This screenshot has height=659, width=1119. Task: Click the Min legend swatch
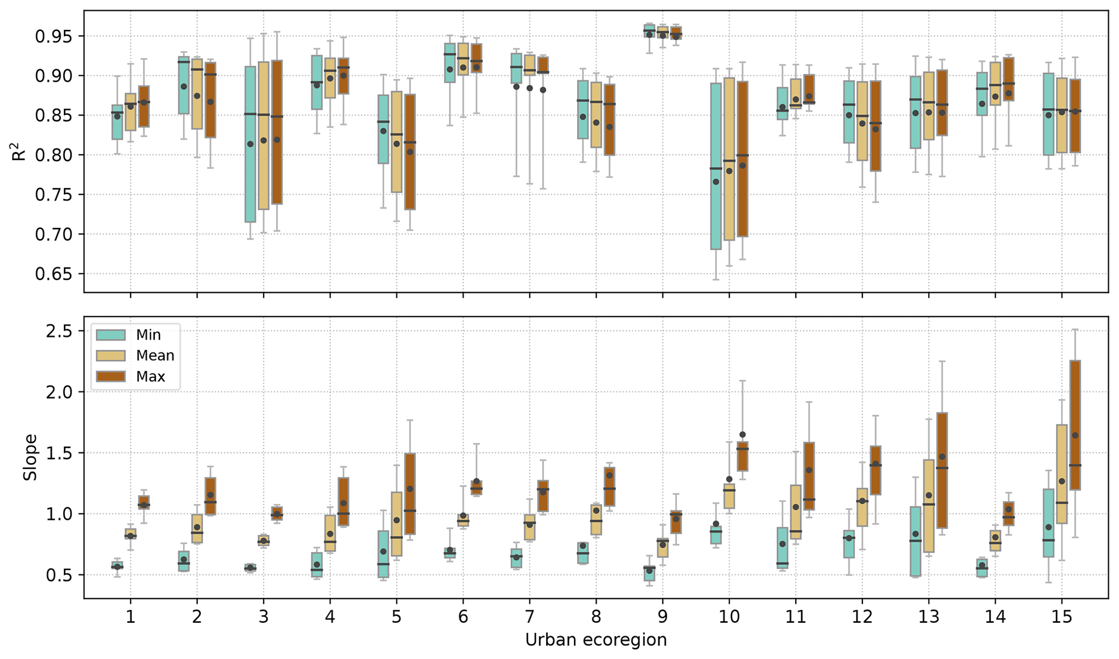click(110, 335)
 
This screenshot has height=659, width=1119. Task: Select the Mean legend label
click(155, 356)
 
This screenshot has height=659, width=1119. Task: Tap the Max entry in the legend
click(150, 377)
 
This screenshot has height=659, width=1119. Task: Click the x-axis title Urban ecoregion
click(596, 640)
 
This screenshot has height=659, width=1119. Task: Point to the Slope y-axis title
click(31, 457)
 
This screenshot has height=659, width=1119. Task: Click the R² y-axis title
click(19, 151)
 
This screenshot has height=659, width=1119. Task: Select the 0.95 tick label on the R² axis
click(53, 36)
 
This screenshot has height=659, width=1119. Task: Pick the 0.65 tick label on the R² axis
click(53, 274)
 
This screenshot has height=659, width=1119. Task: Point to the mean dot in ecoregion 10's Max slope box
click(742, 434)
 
